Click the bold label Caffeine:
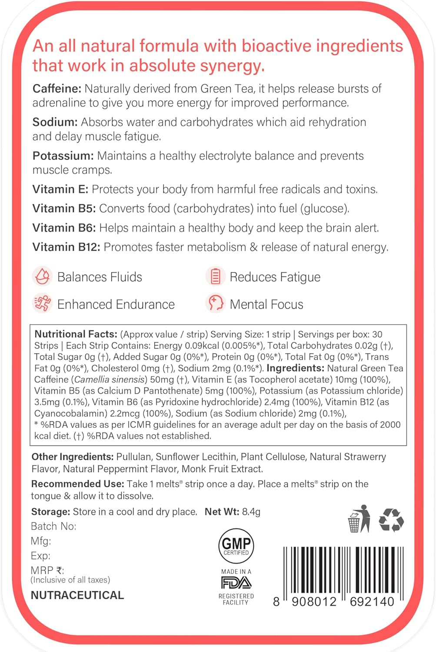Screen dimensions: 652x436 57,89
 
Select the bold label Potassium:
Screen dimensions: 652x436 63,156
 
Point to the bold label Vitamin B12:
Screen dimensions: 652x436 66,247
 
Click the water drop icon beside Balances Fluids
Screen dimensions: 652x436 42,276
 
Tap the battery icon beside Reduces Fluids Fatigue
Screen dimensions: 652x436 215,276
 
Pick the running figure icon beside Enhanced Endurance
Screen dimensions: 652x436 42,304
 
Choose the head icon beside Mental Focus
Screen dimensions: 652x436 215,303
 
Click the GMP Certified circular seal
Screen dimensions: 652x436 236,546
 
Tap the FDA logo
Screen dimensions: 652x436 236,582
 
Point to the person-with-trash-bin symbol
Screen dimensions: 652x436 359,519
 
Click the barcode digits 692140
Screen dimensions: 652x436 372,602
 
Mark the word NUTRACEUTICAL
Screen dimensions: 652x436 77,595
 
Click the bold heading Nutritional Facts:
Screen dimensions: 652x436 76,334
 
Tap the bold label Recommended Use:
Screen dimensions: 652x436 77,484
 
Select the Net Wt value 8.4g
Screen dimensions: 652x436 251,512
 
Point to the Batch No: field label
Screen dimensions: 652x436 53,526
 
